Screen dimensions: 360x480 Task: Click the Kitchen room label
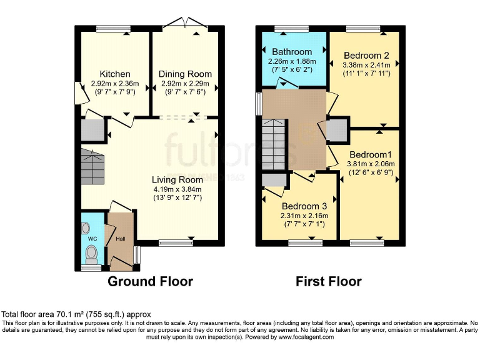pos(114,74)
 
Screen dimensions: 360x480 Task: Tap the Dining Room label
pos(184,74)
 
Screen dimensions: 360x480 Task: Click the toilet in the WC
pos(91,252)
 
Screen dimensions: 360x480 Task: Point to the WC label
pos(92,239)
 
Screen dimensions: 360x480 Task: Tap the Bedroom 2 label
pos(366,54)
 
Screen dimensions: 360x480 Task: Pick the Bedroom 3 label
pos(304,206)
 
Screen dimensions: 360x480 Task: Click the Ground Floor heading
pos(150,281)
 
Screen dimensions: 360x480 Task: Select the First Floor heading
pos(328,281)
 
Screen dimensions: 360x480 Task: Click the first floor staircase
pos(274,145)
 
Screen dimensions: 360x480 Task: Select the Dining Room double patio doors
pos(184,25)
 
